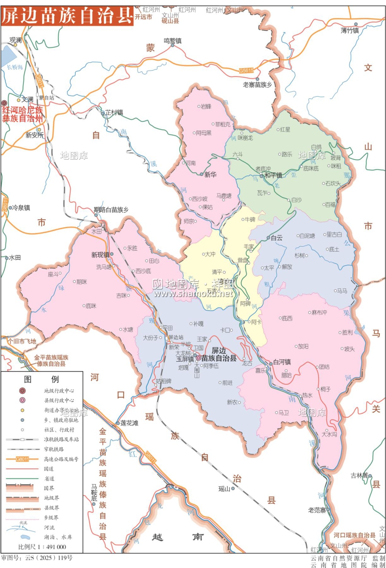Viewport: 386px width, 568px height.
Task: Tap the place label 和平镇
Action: tap(273, 175)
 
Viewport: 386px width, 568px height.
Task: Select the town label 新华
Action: tap(210, 175)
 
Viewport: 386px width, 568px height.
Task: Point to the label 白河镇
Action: tap(282, 362)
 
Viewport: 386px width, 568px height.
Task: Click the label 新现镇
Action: tap(100, 255)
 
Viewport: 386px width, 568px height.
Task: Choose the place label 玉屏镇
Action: tap(185, 359)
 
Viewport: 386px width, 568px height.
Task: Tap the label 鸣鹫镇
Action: tap(173, 41)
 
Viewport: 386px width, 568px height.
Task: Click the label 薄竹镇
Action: tap(350, 31)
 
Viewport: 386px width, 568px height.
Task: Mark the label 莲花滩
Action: tap(129, 423)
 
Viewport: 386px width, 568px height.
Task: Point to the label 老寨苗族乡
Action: tap(257, 85)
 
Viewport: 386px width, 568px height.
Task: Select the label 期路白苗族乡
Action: tap(111, 209)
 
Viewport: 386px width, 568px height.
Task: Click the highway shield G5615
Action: tap(246, 71)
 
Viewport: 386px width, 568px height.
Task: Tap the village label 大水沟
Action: tap(329, 434)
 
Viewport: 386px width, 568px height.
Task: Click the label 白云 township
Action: tap(277, 238)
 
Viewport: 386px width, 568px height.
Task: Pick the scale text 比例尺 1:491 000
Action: tap(42, 547)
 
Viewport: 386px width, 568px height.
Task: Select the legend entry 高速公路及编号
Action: tap(61, 459)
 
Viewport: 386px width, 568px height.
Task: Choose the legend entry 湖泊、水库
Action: tap(58, 537)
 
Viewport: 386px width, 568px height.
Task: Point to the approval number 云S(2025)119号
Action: tap(37, 558)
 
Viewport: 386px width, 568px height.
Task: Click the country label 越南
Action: tap(177, 537)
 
